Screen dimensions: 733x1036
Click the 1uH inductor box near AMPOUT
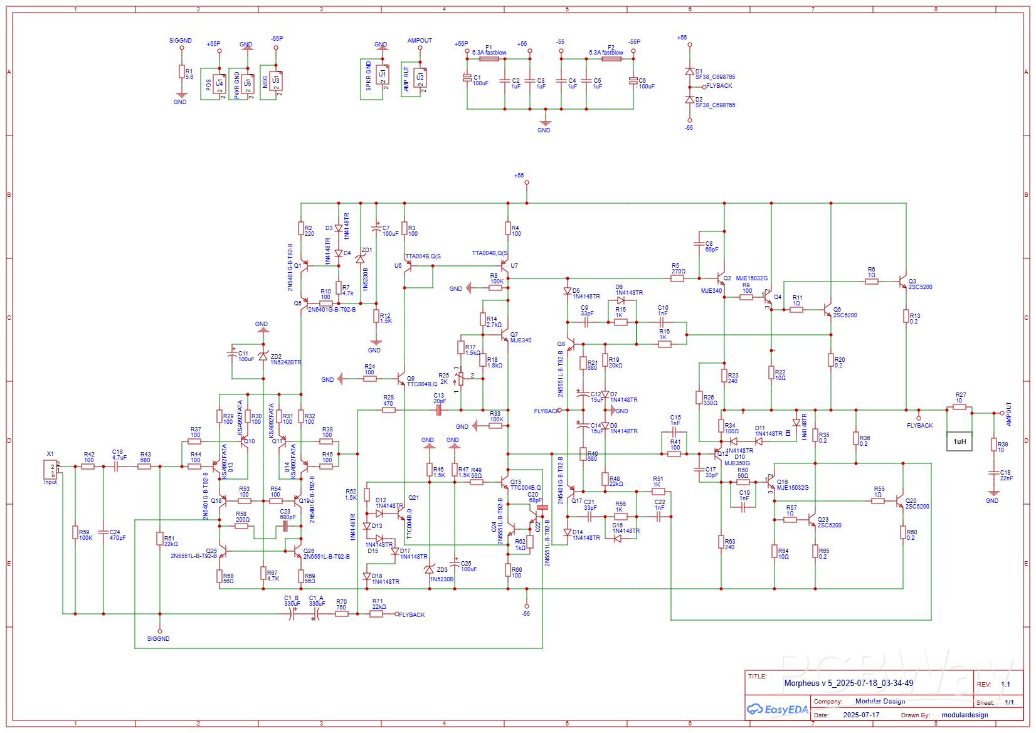(959, 441)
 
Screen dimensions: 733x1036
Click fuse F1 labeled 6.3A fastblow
(489, 59)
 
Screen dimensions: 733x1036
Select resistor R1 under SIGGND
(182, 72)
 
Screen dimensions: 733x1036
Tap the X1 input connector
(50, 468)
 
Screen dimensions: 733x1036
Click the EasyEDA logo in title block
(777, 709)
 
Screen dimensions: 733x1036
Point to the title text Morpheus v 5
(848, 683)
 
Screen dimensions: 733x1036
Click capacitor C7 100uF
(376, 229)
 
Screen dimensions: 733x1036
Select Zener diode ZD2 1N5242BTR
(263, 356)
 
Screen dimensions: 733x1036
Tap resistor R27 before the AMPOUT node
(959, 407)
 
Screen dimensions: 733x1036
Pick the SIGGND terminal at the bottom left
(159, 631)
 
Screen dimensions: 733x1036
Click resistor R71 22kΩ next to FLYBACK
(376, 614)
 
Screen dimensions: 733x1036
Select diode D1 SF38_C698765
(690, 72)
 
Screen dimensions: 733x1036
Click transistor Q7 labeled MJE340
(505, 335)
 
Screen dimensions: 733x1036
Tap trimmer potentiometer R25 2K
(461, 378)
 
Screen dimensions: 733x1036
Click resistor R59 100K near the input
(75, 533)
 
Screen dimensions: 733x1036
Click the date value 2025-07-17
(860, 715)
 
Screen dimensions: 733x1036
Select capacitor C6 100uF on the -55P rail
(633, 81)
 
